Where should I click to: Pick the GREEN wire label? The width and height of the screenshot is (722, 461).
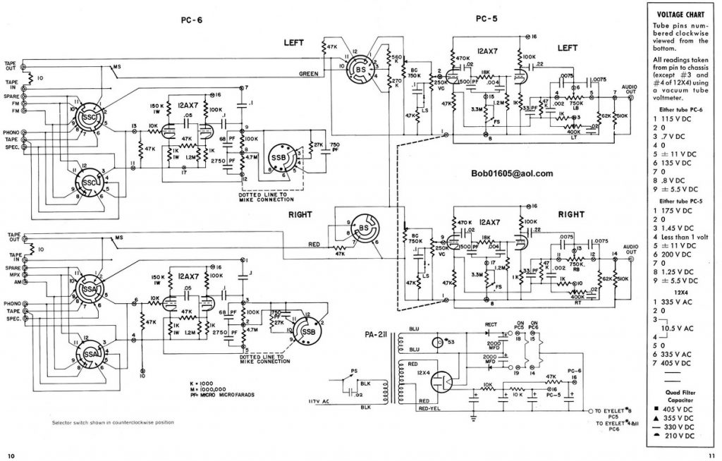click(308, 73)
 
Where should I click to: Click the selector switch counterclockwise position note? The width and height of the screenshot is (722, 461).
click(113, 422)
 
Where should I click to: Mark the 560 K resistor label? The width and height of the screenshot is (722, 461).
click(396, 59)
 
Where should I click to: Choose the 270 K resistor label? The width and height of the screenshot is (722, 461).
click(396, 82)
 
